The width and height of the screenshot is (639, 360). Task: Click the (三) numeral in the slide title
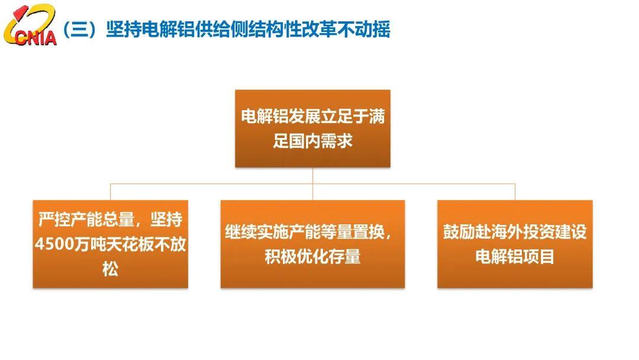click(x=80, y=29)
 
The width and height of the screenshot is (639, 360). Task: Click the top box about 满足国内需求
click(x=312, y=128)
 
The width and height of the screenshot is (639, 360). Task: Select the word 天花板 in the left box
click(x=130, y=244)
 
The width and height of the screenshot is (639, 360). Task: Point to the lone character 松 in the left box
click(x=111, y=269)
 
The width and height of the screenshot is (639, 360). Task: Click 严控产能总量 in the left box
click(x=86, y=219)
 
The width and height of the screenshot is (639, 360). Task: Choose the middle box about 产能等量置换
click(x=312, y=244)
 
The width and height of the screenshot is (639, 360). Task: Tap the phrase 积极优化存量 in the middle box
click(x=312, y=256)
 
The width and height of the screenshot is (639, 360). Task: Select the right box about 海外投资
click(x=515, y=244)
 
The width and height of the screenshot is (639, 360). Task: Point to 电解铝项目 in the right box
click(x=515, y=256)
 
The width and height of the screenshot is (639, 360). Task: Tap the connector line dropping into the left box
click(x=111, y=192)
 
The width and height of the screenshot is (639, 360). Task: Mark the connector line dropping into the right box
click(x=515, y=192)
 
